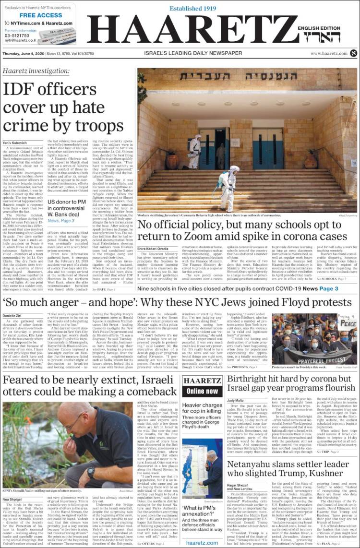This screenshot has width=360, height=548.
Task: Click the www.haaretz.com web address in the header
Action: click(x=328, y=54)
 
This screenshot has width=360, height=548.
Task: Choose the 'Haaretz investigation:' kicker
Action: click(x=36, y=71)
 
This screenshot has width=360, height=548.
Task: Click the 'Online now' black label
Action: click(x=202, y=391)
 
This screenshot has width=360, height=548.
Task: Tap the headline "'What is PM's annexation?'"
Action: click(x=202, y=497)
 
